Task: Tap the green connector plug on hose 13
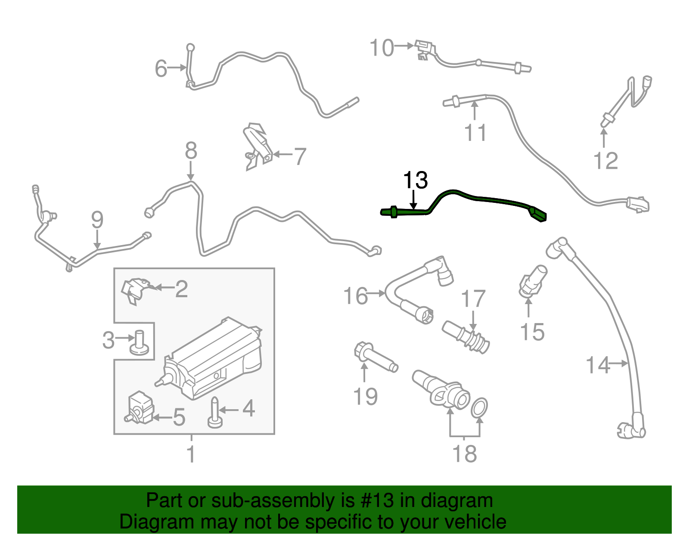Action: (x=537, y=214)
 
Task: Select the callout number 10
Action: (x=382, y=47)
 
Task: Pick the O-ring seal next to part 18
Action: (x=479, y=407)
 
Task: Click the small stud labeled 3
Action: (x=140, y=342)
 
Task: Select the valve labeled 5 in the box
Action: (x=140, y=407)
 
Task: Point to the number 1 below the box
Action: (x=191, y=454)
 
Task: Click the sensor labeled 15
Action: (x=533, y=282)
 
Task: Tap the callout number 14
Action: (x=598, y=365)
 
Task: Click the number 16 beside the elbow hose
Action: (x=355, y=296)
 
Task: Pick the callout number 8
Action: (x=191, y=151)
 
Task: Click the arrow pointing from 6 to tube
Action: (x=177, y=68)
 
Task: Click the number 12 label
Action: (x=605, y=161)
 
